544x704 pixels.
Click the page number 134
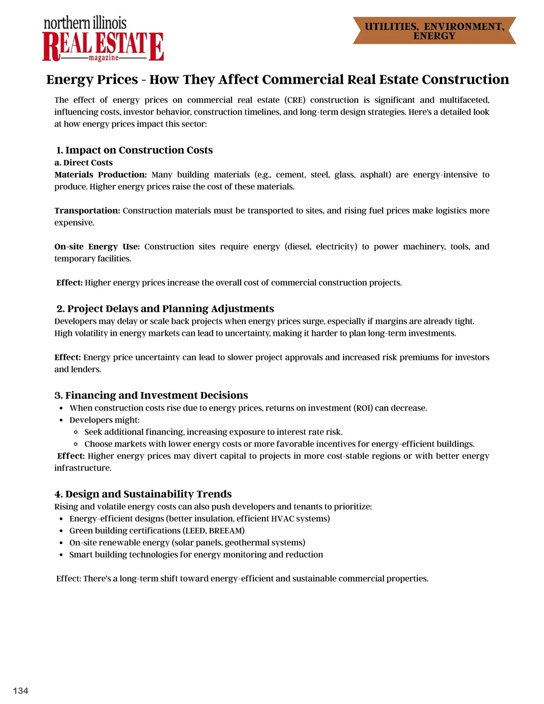(x=20, y=690)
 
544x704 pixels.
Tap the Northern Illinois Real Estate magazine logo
(x=103, y=40)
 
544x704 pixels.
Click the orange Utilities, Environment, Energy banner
(x=434, y=31)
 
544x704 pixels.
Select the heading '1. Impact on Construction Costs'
(x=135, y=150)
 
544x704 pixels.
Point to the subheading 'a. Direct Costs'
(x=83, y=163)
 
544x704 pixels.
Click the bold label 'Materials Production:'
(x=101, y=175)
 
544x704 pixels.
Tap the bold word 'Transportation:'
(x=87, y=210)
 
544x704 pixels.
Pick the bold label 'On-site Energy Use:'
(x=97, y=247)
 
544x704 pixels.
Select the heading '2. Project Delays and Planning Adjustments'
(x=165, y=309)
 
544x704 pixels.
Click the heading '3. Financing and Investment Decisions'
(x=151, y=395)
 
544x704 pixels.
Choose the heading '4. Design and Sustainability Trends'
(x=143, y=494)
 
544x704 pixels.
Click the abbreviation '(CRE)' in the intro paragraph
(x=295, y=100)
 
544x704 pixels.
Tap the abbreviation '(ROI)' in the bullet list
(x=363, y=408)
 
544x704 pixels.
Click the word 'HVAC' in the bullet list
(x=283, y=519)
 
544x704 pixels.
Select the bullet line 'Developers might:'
(x=104, y=420)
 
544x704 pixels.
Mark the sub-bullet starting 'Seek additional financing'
(x=213, y=432)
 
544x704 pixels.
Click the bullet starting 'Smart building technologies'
(x=196, y=554)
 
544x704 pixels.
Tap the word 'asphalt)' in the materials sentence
(x=375, y=175)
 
